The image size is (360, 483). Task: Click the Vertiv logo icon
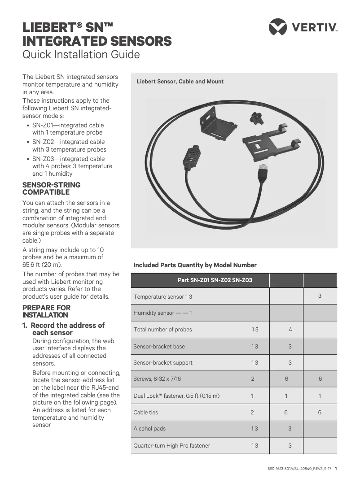[x=277, y=26]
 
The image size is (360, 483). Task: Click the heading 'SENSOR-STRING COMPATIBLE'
[x=52, y=188]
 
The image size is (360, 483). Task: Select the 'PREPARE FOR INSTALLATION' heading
[x=47, y=311]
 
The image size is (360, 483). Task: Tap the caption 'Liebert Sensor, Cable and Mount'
[x=180, y=82]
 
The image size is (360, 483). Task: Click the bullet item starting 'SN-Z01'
[x=68, y=129]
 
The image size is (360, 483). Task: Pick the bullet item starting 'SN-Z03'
[x=72, y=166]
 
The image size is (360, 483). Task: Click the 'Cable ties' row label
[x=146, y=412]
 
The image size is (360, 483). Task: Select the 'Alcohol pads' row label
[x=149, y=428]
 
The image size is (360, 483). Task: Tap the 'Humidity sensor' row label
[x=162, y=313]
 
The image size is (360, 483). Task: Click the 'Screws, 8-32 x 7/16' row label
[x=157, y=379]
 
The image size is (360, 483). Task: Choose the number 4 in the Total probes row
[x=290, y=329]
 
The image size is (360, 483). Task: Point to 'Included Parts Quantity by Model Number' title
[x=195, y=265]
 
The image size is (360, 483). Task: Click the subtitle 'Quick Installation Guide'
[x=81, y=55]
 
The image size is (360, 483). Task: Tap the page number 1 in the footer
[x=336, y=469]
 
